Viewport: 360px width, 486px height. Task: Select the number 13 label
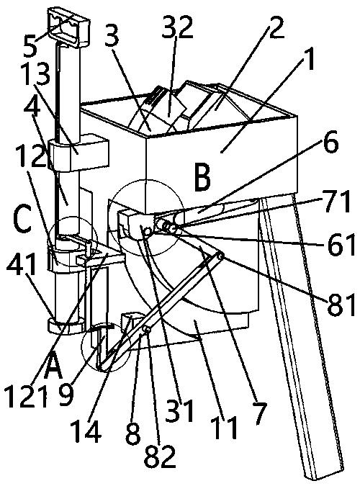(37, 74)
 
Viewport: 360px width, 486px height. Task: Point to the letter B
(202, 179)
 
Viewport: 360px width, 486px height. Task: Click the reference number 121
(27, 397)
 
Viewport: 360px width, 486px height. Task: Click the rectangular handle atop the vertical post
(68, 26)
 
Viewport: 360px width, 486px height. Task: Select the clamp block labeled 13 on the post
(79, 152)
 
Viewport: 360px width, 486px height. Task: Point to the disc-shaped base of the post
(66, 326)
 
